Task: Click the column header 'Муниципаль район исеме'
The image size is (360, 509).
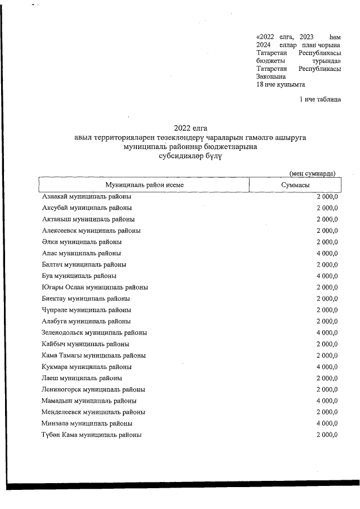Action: point(144,185)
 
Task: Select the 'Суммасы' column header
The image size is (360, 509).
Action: point(295,185)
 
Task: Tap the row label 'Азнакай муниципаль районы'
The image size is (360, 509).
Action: point(87,196)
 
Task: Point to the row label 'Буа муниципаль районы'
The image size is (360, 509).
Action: point(79,276)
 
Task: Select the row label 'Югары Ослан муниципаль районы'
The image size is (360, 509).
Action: point(95,287)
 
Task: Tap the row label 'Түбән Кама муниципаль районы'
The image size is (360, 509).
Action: point(92,435)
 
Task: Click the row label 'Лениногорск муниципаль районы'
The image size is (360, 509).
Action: point(93,389)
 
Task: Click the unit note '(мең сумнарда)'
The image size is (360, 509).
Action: point(313,173)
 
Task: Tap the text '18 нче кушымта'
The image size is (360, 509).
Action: point(281,84)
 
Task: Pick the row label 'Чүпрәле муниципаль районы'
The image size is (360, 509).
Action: point(87,310)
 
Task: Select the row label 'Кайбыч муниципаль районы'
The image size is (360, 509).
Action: point(85,344)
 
